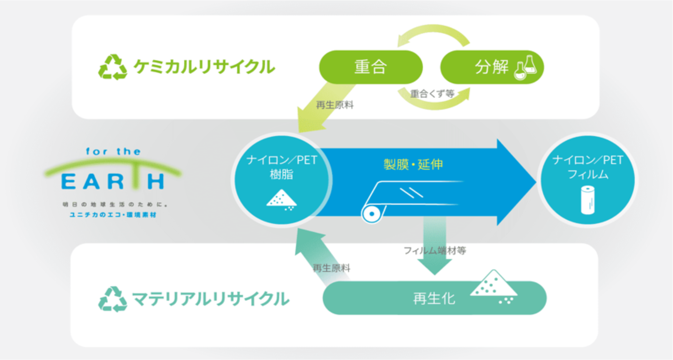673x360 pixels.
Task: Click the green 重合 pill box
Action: [370, 67]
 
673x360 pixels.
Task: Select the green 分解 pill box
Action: [491, 67]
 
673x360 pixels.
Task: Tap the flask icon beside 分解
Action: [526, 67]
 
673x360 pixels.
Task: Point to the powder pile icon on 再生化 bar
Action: [494, 286]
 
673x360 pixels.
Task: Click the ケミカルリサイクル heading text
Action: [204, 67]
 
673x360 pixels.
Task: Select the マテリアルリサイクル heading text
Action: [210, 299]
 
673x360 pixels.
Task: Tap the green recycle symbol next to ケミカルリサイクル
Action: [112, 67]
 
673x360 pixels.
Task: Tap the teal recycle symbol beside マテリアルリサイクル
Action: [112, 299]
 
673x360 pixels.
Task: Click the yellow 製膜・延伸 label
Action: [413, 165]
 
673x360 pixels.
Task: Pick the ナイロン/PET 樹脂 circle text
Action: [281, 167]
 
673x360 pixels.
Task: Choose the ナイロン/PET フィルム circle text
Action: [587, 167]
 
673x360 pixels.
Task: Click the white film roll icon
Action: [587, 200]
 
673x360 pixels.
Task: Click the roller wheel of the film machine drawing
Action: [372, 214]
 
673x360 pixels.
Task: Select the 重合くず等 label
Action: [432, 94]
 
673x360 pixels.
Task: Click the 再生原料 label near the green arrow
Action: [335, 105]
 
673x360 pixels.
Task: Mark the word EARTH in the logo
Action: [113, 182]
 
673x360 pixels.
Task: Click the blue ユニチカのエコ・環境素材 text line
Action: [113, 215]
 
